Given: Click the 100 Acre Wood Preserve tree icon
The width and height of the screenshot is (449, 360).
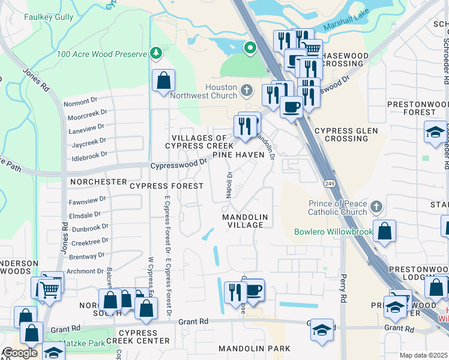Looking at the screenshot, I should pos(157,54).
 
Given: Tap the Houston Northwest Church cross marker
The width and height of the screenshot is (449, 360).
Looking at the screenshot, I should pos(246,91).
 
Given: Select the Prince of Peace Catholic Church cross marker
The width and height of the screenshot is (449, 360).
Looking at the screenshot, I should pos(376,208).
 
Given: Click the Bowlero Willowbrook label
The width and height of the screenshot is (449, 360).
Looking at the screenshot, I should pos(333,232).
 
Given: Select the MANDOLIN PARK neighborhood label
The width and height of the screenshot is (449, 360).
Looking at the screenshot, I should pos(254,349).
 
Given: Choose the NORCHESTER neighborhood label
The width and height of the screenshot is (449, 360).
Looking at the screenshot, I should pos(98,181).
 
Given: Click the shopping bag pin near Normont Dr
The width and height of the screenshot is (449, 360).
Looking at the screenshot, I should pos(163,80).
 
